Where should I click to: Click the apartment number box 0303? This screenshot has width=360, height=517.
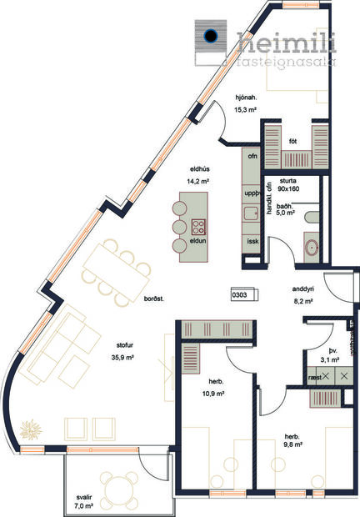(x=240, y=294)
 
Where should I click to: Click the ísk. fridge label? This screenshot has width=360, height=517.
(x=252, y=241)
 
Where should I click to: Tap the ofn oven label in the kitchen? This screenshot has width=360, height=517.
(x=253, y=155)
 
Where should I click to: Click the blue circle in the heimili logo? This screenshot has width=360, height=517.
(x=211, y=35)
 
